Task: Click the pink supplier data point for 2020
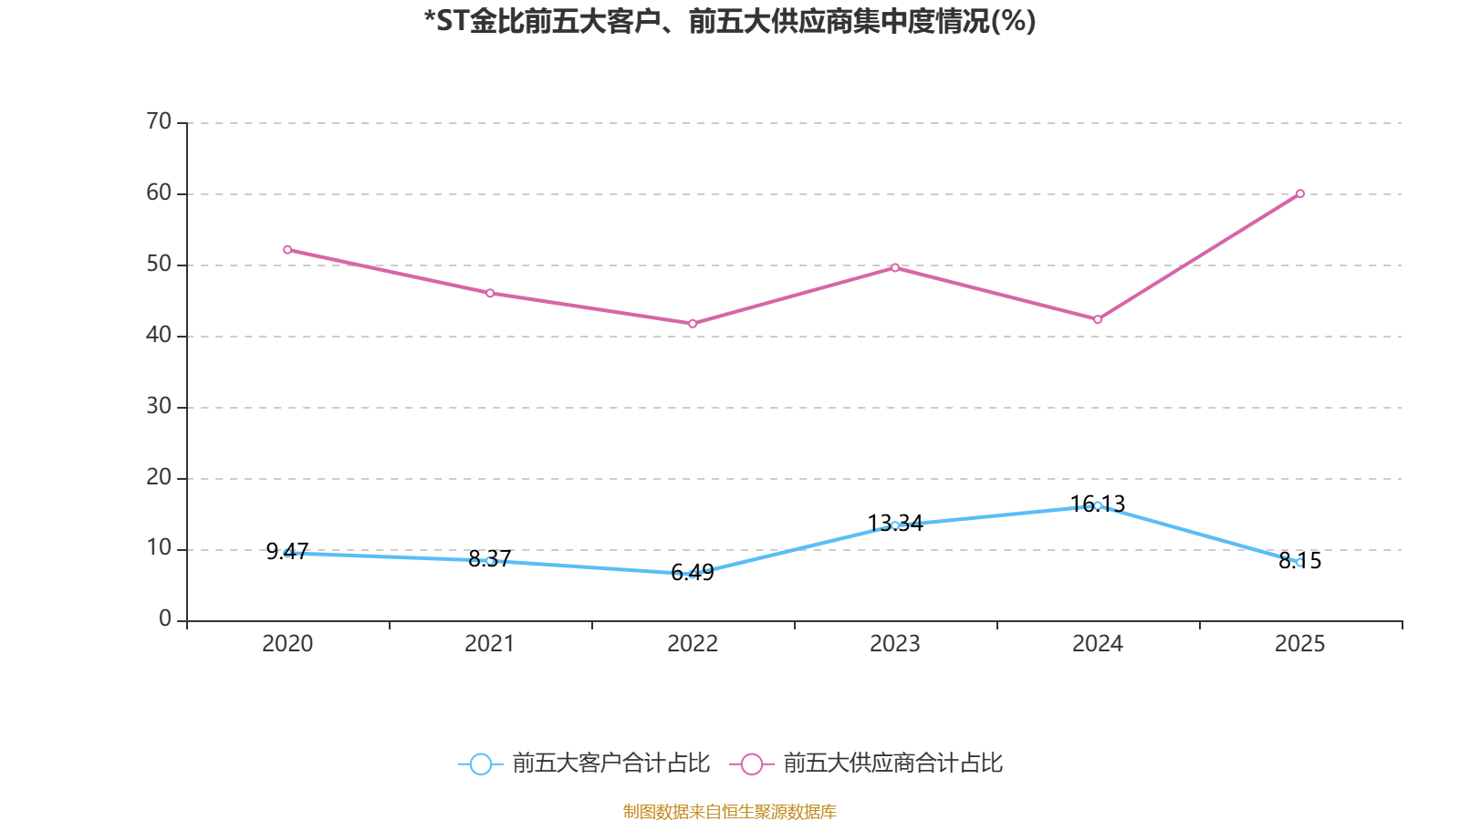[287, 249]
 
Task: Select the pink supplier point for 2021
[490, 293]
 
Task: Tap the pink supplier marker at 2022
[693, 324]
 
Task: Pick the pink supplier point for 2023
[895, 267]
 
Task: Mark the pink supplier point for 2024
[1098, 319]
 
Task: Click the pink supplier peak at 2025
[1300, 193]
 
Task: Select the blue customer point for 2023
[895, 525]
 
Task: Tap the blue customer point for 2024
[1098, 505]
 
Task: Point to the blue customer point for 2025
[1300, 563]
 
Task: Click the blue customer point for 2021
[490, 561]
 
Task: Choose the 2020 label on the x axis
[287, 644]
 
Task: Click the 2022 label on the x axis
[693, 644]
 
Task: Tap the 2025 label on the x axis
[1300, 644]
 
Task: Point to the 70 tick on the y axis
[159, 121]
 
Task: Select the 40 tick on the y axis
[159, 335]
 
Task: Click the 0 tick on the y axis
[165, 619]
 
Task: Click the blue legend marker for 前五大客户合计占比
[480, 764]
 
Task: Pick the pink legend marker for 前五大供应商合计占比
[751, 764]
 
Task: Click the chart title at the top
[730, 21]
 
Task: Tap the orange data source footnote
[730, 811]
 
